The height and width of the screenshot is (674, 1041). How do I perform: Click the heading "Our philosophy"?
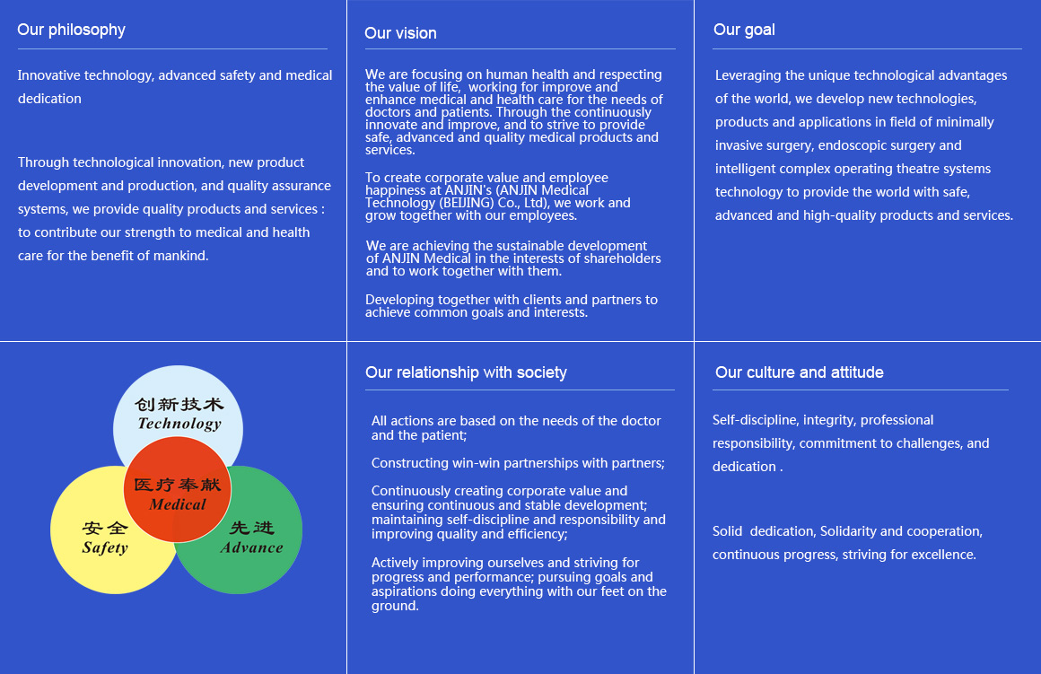click(71, 31)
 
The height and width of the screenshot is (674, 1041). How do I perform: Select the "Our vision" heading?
click(400, 33)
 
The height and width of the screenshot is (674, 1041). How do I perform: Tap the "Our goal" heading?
click(744, 31)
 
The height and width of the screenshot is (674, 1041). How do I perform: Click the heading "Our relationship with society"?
click(466, 372)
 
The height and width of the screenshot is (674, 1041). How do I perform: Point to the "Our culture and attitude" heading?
click(800, 372)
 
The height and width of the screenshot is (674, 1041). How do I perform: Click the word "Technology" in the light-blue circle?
click(179, 424)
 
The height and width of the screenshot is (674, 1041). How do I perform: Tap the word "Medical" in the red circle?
click(178, 504)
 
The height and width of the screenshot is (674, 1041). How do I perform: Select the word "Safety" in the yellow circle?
click(105, 547)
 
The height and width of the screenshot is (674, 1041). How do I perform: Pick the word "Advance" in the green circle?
click(251, 547)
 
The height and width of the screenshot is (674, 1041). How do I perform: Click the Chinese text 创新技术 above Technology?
click(179, 405)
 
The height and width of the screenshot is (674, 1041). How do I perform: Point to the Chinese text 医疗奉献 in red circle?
click(178, 485)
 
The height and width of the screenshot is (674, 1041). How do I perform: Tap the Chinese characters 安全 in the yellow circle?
click(105, 528)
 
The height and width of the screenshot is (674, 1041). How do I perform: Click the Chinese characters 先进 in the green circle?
click(251, 528)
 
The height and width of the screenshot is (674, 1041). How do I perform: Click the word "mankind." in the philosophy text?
click(180, 256)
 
